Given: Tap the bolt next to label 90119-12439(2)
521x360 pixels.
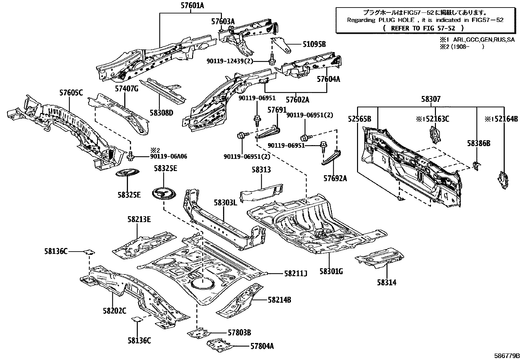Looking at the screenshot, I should [x=271, y=61].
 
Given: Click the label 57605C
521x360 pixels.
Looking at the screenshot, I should [x=71, y=93].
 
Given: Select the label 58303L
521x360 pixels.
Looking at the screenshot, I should [x=225, y=202].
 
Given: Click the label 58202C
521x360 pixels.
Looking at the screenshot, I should [x=114, y=311].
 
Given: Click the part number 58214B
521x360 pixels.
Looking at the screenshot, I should [x=279, y=299].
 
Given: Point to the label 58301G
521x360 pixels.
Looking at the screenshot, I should [x=331, y=271].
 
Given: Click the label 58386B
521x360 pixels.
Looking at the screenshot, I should [x=478, y=143].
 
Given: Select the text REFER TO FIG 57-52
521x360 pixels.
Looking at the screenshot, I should [x=423, y=28].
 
